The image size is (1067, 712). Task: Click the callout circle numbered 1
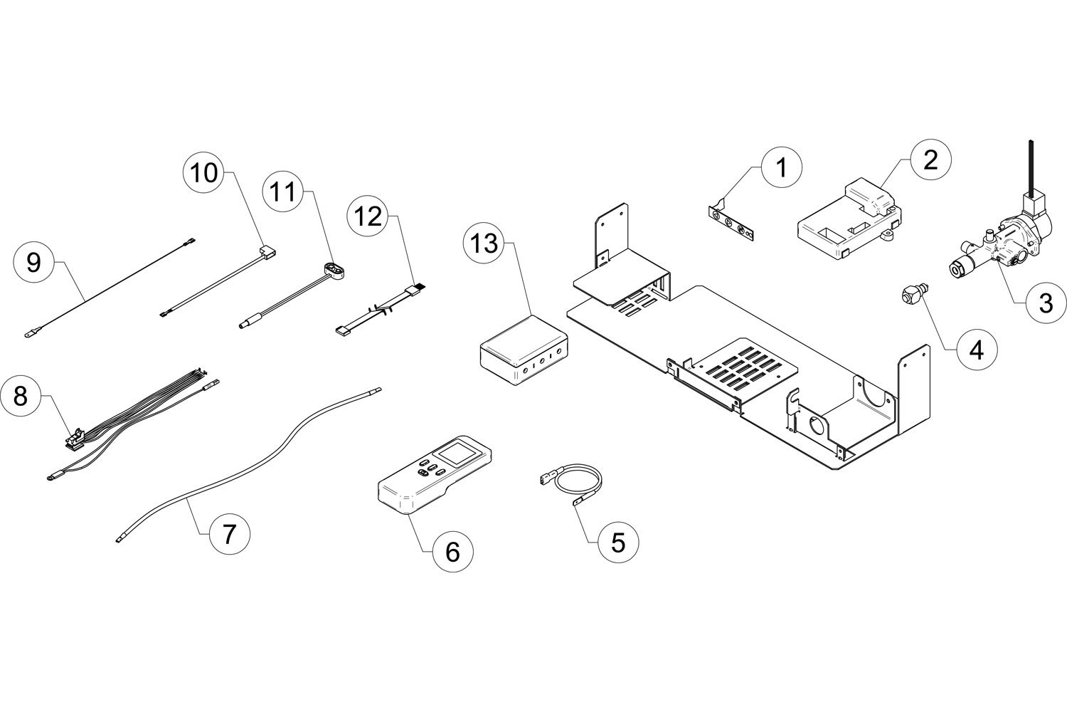[x=782, y=167]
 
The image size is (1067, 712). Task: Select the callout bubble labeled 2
[x=930, y=159]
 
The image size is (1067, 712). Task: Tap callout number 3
[x=1046, y=303]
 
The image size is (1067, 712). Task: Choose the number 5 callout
[x=618, y=543]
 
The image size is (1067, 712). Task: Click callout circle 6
[x=452, y=551]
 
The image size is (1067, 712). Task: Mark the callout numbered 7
[x=229, y=533]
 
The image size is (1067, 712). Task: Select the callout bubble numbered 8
[x=21, y=395]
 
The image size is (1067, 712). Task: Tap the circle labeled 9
[x=34, y=261]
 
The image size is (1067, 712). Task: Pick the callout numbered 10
[x=204, y=172]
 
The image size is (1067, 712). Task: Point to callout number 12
[x=368, y=216]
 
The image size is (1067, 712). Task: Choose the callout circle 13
[x=484, y=244]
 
